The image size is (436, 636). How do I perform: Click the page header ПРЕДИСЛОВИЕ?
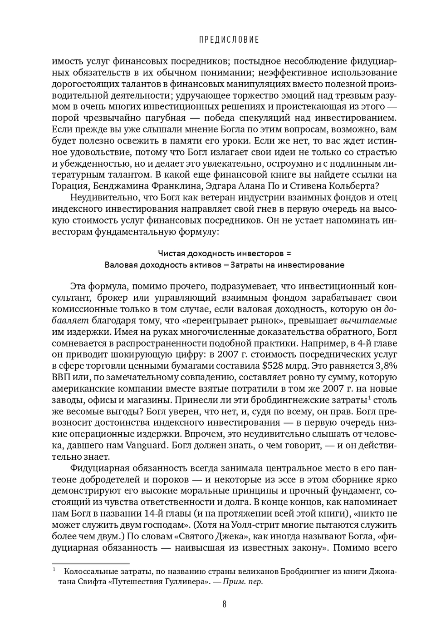229,40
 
